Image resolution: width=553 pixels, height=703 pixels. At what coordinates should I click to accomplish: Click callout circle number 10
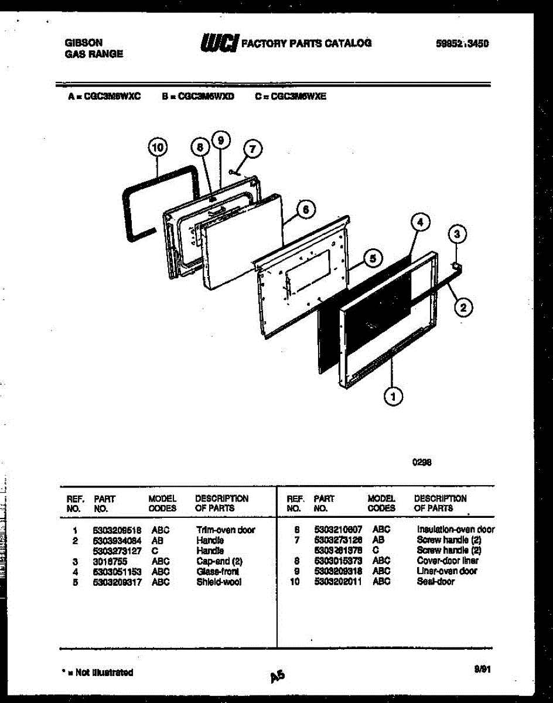coord(157,148)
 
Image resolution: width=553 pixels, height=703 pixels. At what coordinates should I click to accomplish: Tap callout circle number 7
coord(252,149)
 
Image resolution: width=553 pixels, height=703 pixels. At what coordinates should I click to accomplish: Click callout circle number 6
coord(305,209)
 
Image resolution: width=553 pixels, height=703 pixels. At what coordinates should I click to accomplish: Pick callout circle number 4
coord(419,222)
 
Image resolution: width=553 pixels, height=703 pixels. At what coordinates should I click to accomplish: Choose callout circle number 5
coord(373,257)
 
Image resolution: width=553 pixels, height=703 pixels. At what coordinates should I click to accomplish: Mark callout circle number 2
coord(462,306)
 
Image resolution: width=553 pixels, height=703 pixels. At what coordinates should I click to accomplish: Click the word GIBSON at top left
coord(83,43)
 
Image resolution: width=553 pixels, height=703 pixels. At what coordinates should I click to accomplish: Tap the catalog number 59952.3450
coord(463,43)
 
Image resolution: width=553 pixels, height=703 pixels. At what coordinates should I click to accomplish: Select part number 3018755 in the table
coord(110,561)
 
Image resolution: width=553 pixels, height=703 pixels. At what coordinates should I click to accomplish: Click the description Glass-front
coord(218,572)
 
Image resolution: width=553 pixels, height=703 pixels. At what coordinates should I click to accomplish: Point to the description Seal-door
coord(435,582)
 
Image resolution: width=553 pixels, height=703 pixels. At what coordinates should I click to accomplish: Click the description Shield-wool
coord(219,582)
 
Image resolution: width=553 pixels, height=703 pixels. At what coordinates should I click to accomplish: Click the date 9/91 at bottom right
coord(483,668)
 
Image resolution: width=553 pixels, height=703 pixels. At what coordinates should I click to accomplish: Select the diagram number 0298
coord(422,462)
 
